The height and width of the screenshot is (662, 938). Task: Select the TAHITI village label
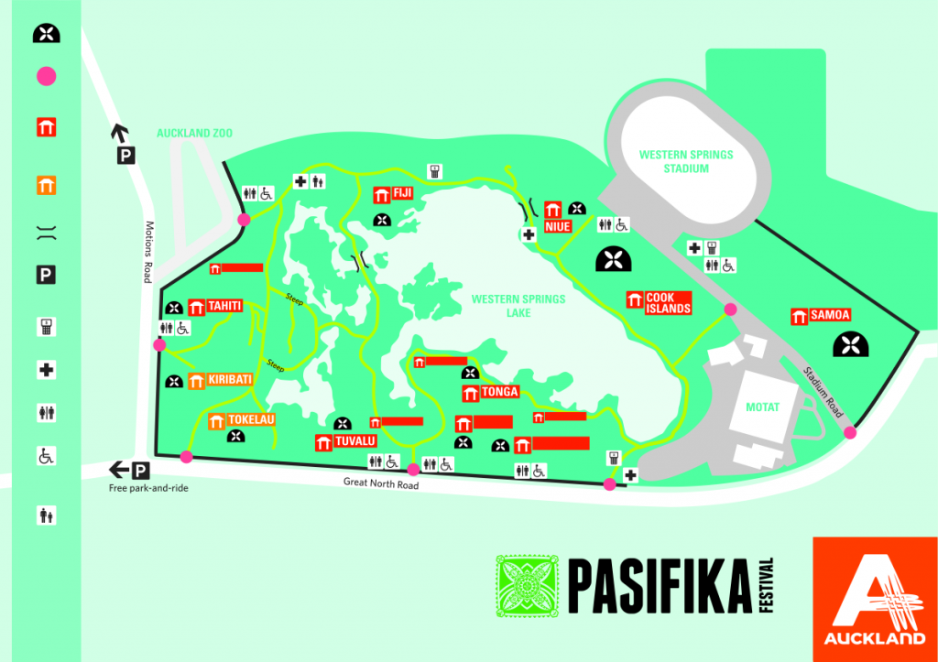pos(224,306)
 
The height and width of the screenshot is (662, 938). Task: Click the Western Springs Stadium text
pos(686,161)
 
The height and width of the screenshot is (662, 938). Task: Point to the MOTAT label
pos(762,407)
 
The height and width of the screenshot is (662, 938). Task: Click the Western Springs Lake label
pos(518,306)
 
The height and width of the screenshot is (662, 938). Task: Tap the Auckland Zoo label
pos(194,133)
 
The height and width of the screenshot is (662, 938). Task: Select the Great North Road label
pos(381,483)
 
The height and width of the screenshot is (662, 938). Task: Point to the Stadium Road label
pos(822,393)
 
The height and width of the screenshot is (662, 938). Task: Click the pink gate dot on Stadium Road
pos(850,433)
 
